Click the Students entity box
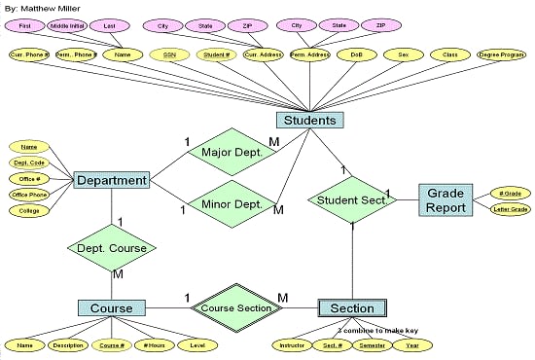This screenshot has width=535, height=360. (x=310, y=121)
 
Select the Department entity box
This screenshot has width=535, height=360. (x=111, y=180)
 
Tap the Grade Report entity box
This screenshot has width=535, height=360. (x=446, y=200)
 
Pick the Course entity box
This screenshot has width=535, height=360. (x=112, y=307)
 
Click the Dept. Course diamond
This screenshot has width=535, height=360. (x=112, y=248)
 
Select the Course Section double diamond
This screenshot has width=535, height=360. (x=235, y=307)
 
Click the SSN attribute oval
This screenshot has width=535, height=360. (x=170, y=56)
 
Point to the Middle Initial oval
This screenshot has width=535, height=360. (x=71, y=24)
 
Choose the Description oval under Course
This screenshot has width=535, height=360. (x=69, y=344)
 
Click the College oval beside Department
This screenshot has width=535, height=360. (x=28, y=210)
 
